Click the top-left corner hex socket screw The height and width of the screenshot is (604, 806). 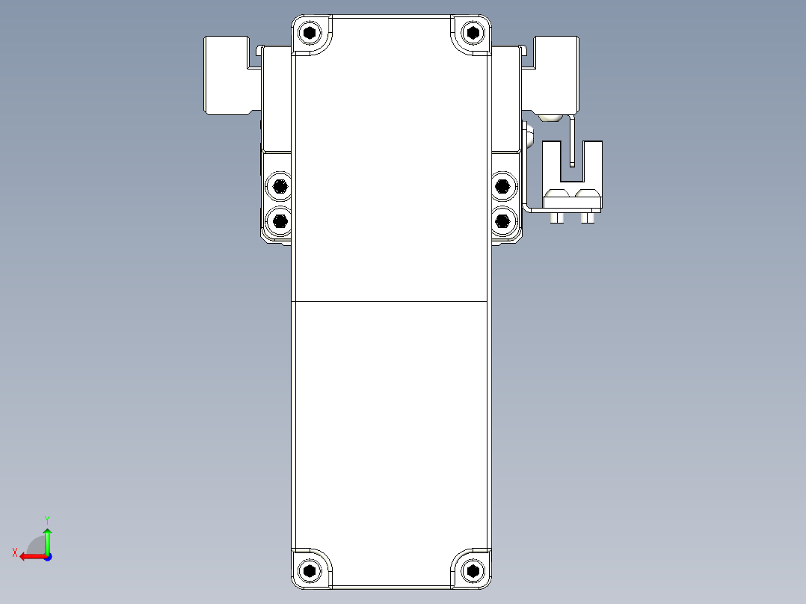click(310, 33)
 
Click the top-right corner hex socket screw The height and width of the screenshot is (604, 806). click(472, 33)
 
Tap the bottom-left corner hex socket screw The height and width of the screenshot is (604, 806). click(310, 570)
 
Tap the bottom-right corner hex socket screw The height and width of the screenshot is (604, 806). click(472, 570)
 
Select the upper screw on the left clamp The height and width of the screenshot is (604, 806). click(280, 186)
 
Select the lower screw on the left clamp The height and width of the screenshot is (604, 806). click(280, 220)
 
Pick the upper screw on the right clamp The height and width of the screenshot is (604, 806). click(502, 186)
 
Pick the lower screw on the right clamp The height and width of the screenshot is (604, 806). click(502, 220)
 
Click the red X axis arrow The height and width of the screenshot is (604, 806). click(31, 556)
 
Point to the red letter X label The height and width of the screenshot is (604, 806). click(14, 552)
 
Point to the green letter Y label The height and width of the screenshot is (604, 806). click(46, 519)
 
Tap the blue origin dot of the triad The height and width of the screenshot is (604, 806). click(47, 556)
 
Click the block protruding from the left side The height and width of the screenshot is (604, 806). click(228, 75)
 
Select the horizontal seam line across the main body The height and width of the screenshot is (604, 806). click(390, 301)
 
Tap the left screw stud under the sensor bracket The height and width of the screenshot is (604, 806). click(556, 218)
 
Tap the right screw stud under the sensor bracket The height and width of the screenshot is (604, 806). click(588, 218)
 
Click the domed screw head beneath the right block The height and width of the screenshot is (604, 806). click(550, 117)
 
